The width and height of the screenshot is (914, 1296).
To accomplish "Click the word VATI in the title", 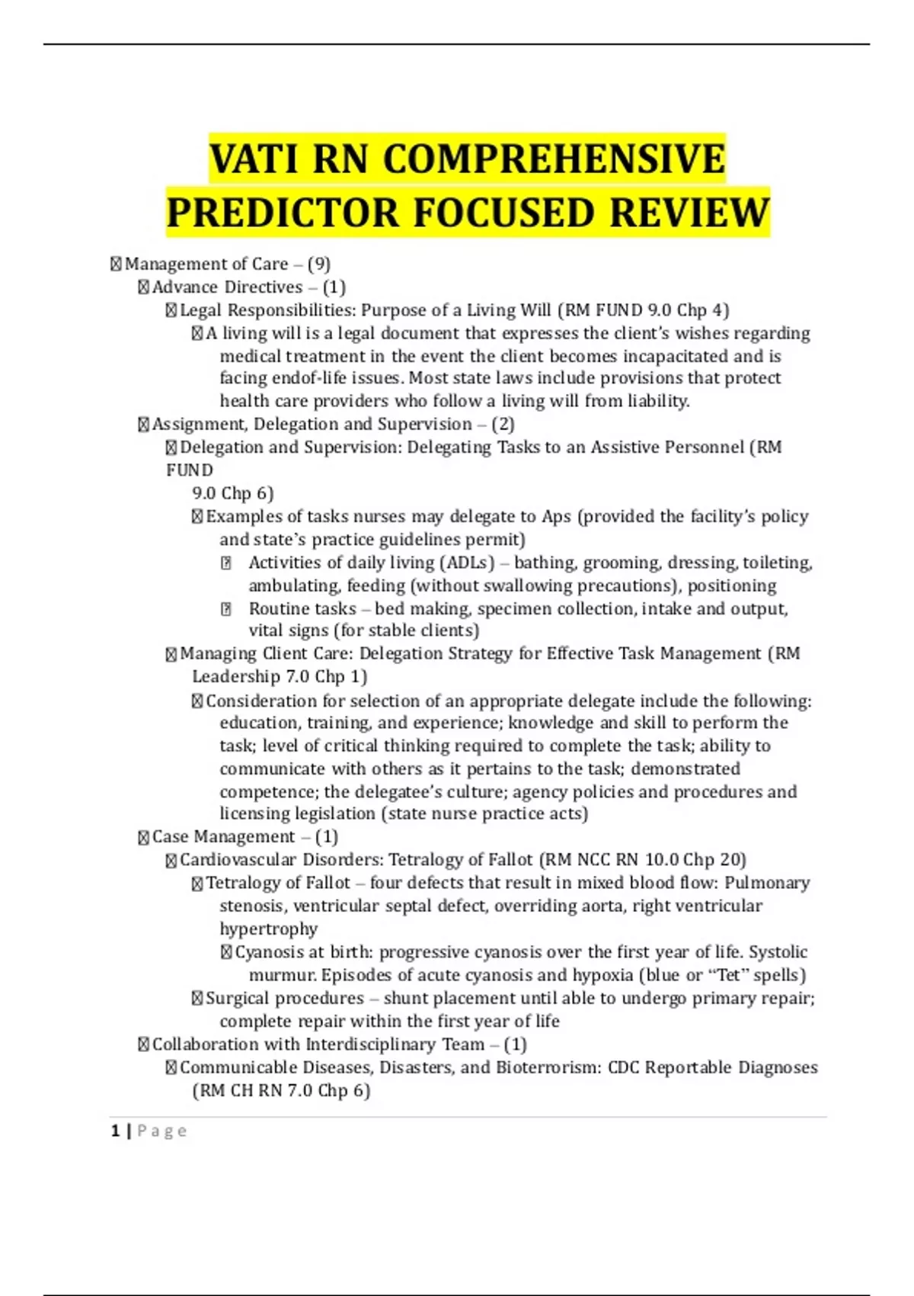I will click(253, 159).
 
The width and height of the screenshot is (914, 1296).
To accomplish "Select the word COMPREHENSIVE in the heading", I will click(553, 159).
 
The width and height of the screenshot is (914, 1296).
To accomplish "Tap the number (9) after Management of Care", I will click(319, 265).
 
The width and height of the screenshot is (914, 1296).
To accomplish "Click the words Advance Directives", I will click(227, 287).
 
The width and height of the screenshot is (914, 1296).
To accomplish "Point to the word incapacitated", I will click(676, 356).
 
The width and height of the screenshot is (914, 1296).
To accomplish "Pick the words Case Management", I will click(223, 837).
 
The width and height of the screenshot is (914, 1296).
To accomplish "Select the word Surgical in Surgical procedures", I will click(237, 999).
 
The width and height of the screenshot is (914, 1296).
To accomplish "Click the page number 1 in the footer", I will click(115, 1131).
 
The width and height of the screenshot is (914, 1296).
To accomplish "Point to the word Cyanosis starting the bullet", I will click(269, 952).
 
